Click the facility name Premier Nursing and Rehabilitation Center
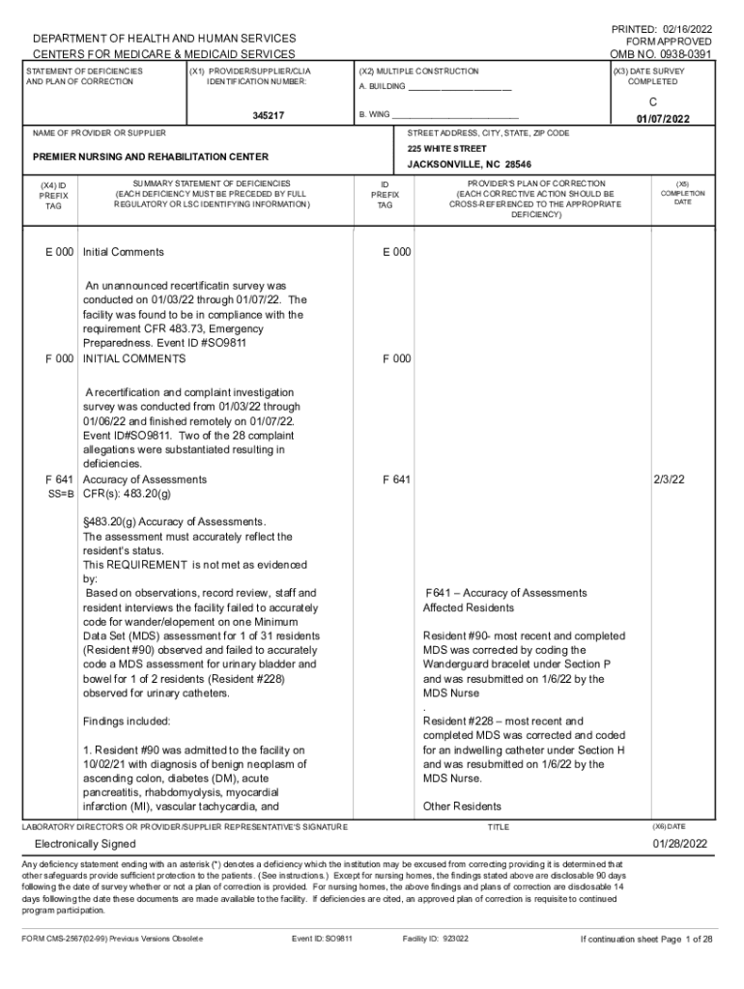pyautogui.click(x=151, y=156)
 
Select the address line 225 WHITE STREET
pyautogui.click(x=446, y=149)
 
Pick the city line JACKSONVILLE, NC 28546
pyautogui.click(x=469, y=164)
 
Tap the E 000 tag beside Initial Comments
pyautogui.click(x=59, y=252)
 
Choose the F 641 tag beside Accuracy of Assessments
pyautogui.click(x=59, y=479)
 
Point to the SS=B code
pyautogui.click(x=62, y=494)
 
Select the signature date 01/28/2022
pyautogui.click(x=680, y=843)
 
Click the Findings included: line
pyautogui.click(x=127, y=721)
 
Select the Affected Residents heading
pyautogui.click(x=469, y=608)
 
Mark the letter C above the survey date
pyautogui.click(x=653, y=100)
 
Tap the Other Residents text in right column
pyautogui.click(x=462, y=806)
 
